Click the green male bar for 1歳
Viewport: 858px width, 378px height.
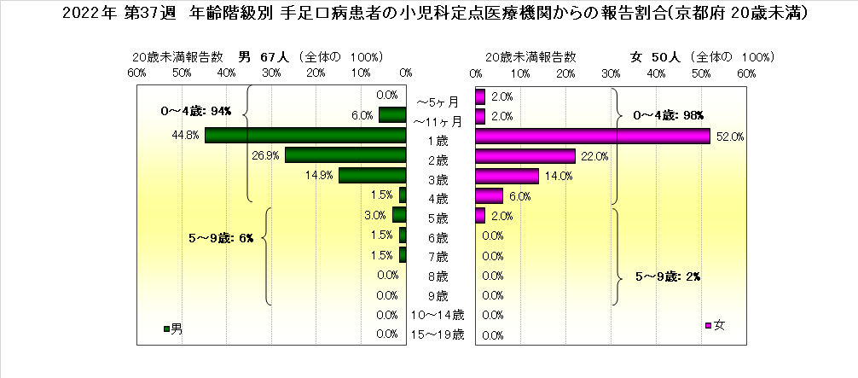(305, 136)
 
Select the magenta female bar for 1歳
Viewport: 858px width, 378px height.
(593, 136)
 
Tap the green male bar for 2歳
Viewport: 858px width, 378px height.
(345, 155)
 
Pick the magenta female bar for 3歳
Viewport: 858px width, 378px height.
(507, 176)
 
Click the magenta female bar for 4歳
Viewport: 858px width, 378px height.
(489, 195)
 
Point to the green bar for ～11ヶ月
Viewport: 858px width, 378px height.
(392, 115)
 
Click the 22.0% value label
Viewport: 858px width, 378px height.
(594, 156)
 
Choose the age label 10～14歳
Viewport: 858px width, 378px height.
(438, 316)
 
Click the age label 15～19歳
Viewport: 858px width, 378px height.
(438, 335)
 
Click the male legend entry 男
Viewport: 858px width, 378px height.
(172, 328)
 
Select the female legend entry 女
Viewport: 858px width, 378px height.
(716, 325)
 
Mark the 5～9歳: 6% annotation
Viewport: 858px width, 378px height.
(221, 238)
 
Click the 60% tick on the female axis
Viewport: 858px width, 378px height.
(746, 74)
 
